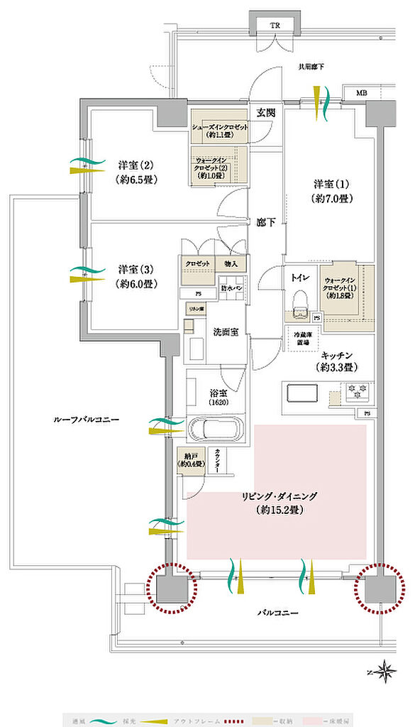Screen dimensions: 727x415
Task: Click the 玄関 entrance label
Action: coord(266,112)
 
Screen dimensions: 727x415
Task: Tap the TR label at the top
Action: coord(275,25)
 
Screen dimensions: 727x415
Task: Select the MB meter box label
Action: coord(361,93)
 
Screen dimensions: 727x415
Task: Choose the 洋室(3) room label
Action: coord(136,276)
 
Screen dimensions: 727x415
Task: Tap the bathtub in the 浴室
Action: coord(215,430)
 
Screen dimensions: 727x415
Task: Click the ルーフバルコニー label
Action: coord(86,420)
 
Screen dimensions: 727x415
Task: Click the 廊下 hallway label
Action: coord(266,222)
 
